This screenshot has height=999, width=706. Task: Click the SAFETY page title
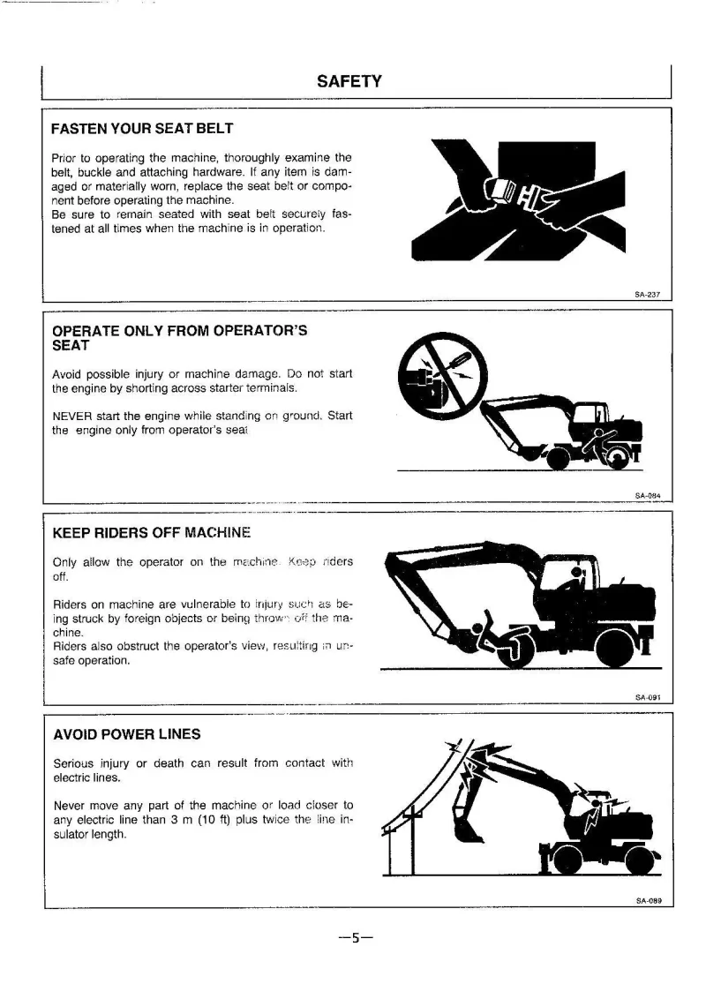coord(349,82)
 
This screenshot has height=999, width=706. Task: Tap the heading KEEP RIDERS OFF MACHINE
coord(152,533)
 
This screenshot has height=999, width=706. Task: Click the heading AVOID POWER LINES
coord(126,734)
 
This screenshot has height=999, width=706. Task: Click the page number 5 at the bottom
coord(353,938)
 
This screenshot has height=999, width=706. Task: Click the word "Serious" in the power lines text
coord(73,763)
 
